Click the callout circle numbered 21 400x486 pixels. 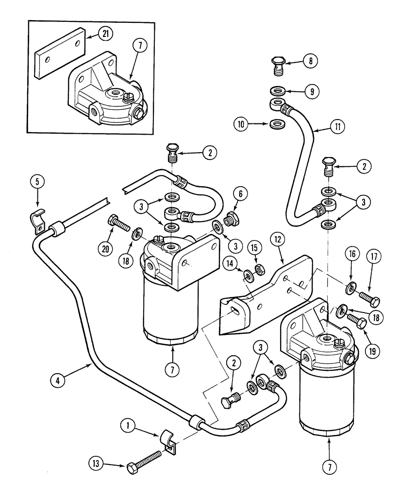pos(103,34)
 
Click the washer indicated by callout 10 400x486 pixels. pos(277,125)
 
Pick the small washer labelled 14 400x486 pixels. pos(249,278)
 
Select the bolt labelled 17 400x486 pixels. pos(369,296)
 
